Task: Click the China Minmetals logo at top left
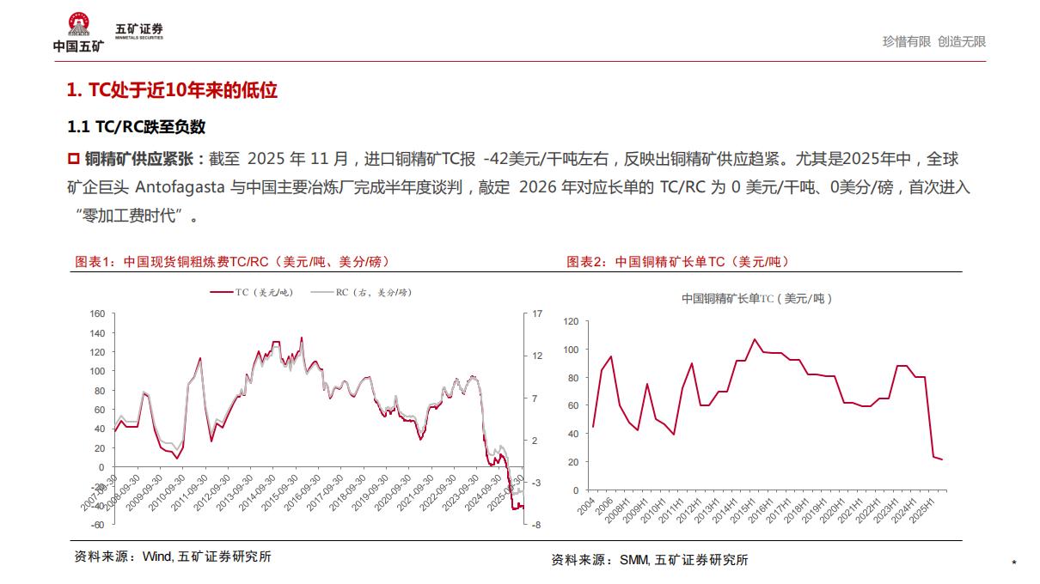click(78, 32)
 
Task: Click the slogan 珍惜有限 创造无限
click(934, 41)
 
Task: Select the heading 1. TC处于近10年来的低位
click(172, 90)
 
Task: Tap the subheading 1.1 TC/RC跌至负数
click(137, 127)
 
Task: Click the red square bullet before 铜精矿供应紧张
click(73, 159)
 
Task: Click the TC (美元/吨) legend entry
click(253, 292)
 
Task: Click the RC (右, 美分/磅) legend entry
click(361, 292)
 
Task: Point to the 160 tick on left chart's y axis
click(97, 314)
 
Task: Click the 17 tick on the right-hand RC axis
click(537, 314)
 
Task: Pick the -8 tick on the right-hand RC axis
click(535, 525)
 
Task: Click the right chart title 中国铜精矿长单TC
click(756, 299)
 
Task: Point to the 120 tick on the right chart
click(571, 321)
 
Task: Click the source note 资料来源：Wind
click(173, 557)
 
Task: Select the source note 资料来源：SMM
click(649, 560)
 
